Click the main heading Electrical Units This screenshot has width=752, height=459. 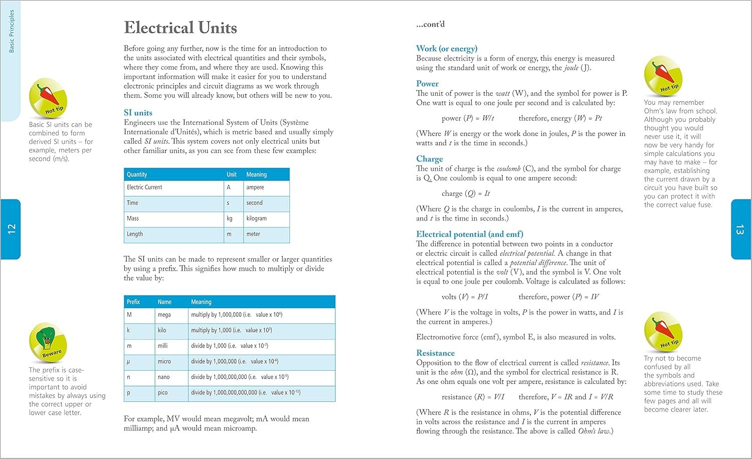[x=180, y=28]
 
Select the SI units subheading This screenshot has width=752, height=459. [x=138, y=113]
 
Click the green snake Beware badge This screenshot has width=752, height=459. [x=48, y=342]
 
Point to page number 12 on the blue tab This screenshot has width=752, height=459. [x=12, y=229]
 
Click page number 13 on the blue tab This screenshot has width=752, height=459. [x=740, y=229]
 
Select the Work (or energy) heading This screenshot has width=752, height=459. [x=447, y=49]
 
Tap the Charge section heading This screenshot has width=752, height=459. [x=430, y=159]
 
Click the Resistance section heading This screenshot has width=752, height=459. [x=435, y=353]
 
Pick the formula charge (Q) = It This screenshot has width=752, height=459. [x=466, y=193]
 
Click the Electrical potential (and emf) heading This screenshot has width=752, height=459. [x=470, y=234]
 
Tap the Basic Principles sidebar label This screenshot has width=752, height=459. [x=12, y=31]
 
